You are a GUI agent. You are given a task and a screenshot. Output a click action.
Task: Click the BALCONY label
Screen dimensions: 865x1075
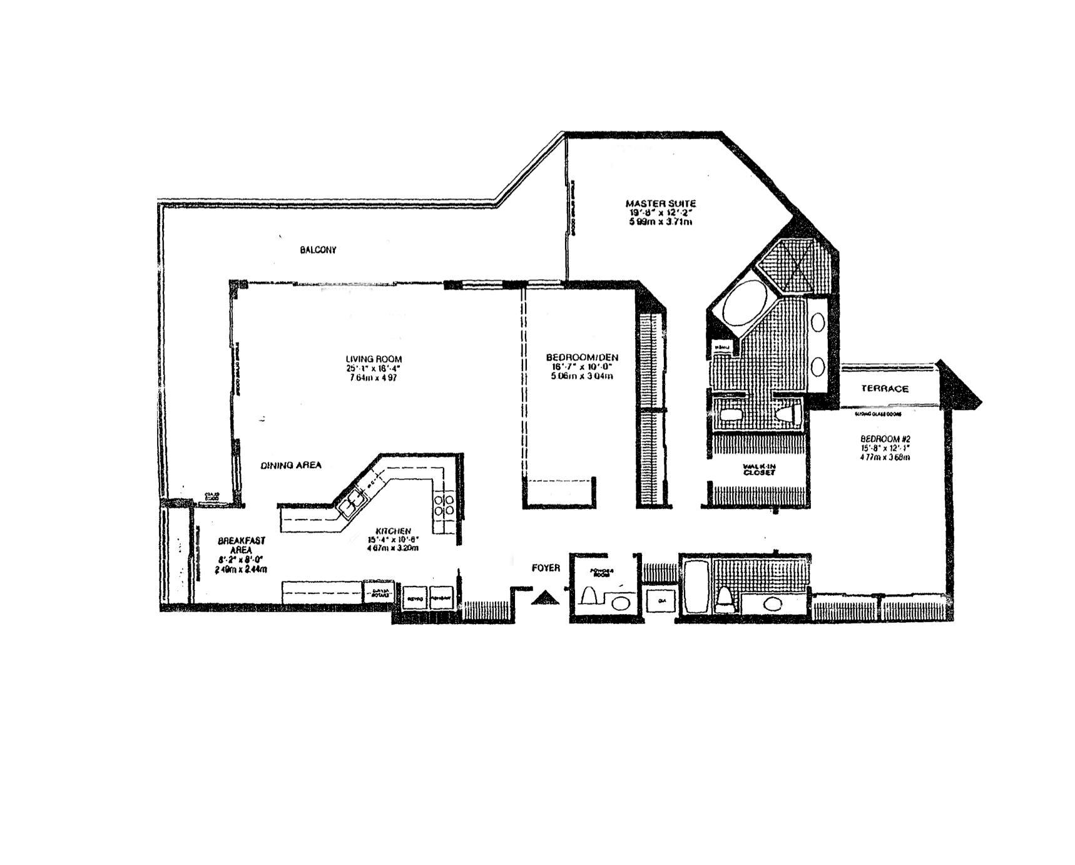318,250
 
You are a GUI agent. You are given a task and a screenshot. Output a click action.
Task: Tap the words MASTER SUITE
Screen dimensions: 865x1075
660,203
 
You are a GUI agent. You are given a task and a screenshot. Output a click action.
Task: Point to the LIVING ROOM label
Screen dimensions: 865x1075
374,359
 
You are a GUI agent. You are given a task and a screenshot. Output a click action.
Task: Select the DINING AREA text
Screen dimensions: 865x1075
291,465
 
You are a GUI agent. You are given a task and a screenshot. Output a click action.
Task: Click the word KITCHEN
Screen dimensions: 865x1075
394,531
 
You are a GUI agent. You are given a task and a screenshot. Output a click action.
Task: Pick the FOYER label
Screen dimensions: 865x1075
546,568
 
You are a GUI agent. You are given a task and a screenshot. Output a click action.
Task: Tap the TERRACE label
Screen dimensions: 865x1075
884,389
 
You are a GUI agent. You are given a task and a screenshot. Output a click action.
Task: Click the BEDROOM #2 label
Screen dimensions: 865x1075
884,438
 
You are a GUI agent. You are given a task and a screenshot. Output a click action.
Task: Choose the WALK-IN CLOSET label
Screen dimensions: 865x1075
759,469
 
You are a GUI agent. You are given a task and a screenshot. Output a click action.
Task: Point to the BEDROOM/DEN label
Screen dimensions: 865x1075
582,357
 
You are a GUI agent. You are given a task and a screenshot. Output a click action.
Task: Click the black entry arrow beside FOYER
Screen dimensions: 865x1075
546,598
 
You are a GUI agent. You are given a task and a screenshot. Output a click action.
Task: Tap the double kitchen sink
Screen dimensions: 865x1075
352,503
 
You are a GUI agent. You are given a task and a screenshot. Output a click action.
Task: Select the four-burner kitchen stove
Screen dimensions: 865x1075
444,504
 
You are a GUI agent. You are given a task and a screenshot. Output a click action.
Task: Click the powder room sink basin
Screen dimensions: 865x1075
620,603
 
